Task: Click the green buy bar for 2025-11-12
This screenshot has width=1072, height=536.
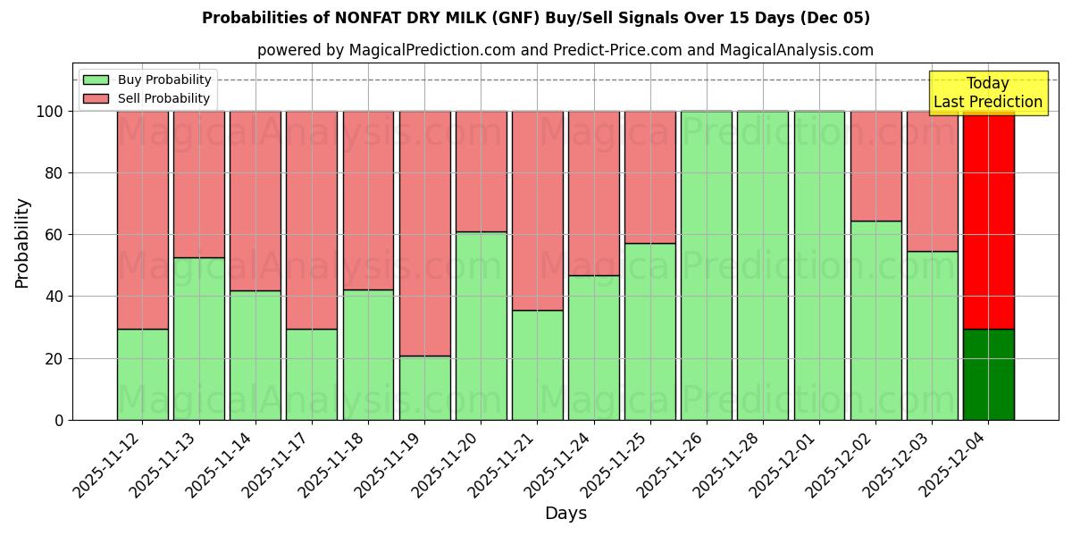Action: (x=142, y=374)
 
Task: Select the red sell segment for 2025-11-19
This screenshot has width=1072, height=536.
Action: (x=424, y=233)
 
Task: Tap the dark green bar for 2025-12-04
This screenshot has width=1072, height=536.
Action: (x=988, y=374)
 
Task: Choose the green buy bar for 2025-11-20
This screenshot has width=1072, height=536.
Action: (x=481, y=326)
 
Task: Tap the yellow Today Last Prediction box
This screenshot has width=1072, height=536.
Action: (x=988, y=93)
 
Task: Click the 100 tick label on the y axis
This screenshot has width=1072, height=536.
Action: (x=49, y=112)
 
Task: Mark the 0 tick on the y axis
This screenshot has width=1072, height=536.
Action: (x=59, y=420)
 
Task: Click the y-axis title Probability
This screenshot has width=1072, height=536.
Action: (x=22, y=243)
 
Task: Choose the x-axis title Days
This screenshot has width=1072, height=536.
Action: (x=565, y=514)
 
